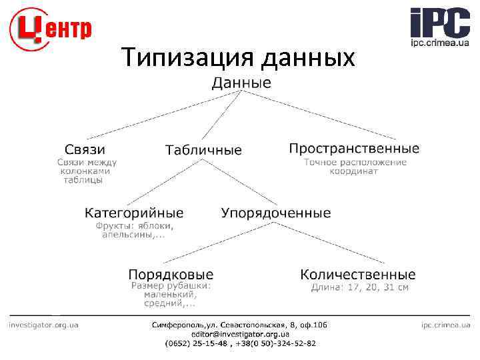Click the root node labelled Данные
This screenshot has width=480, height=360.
point(241,83)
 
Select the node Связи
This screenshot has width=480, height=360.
point(85,149)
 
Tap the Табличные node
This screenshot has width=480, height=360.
point(203,150)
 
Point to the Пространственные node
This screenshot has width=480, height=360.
point(354,148)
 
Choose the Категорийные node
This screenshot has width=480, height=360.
point(134,213)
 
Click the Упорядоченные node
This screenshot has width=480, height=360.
point(276,213)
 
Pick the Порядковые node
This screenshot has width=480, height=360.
point(171,274)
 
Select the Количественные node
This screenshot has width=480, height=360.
point(358,274)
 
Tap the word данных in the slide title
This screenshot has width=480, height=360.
point(308,59)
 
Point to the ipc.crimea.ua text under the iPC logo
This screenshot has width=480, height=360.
point(439,43)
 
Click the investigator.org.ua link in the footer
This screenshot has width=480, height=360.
point(43,325)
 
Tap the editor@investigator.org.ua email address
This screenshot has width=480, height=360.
point(240,334)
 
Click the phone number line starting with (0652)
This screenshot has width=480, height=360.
point(240,343)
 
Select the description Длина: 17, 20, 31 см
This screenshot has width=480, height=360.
point(360,287)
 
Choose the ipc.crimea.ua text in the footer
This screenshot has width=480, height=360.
point(445,325)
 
